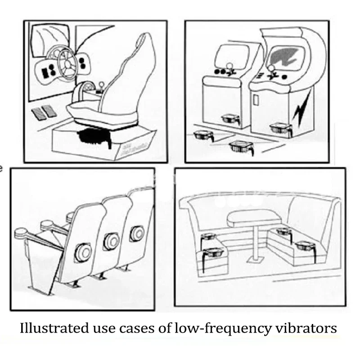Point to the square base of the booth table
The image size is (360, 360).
(x=254, y=261)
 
